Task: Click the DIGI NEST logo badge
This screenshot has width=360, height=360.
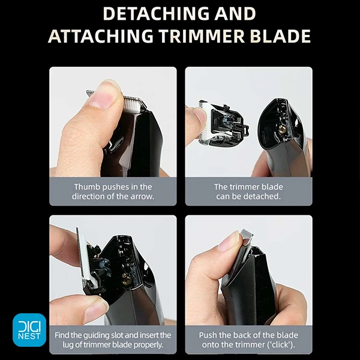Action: [29, 330]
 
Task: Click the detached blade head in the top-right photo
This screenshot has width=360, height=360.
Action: [223, 123]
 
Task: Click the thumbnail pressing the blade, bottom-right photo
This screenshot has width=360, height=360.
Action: [228, 242]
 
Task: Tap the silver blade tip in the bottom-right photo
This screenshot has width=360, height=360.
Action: [247, 235]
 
